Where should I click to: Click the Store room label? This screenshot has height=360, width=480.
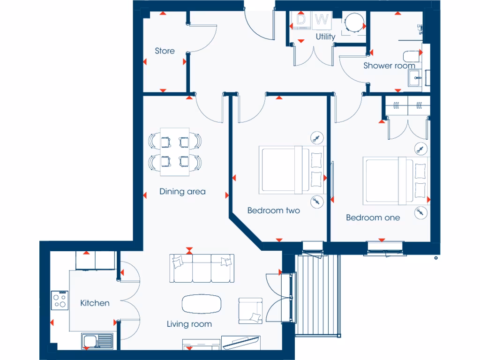coord(165,51)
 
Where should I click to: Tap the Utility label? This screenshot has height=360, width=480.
coord(325,37)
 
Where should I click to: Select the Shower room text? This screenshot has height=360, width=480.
coord(389,66)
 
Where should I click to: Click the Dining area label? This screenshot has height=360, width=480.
coord(182,192)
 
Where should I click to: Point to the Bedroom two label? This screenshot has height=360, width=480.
coord(273,210)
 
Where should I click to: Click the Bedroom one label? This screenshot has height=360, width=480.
coord(373,217)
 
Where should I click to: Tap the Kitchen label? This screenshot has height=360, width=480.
coord(95,303)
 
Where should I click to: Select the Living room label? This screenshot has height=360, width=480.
coord(189,324)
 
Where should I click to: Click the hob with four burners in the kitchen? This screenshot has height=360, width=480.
coord(60,300)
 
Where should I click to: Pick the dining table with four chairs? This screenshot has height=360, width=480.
coord(175,151)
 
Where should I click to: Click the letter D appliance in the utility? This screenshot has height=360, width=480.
coord(301,20)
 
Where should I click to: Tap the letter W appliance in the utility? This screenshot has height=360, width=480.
coord(322,20)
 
